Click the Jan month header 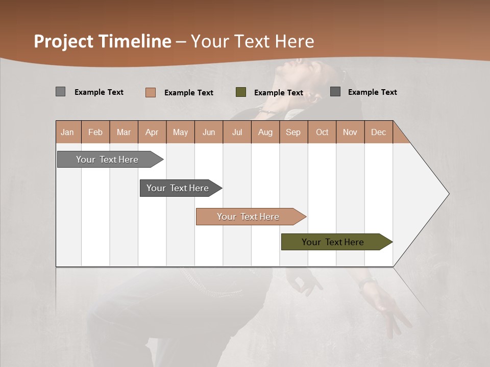point(67,132)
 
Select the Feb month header point(95,132)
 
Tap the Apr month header point(152,132)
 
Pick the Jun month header point(209,132)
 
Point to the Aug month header point(265,132)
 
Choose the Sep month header point(293,132)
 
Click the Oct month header point(322,132)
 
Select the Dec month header point(379,132)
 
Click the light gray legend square point(61,92)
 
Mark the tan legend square point(151,92)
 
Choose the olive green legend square point(241,92)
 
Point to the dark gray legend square point(335,92)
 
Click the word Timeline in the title point(135,41)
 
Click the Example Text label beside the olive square point(279,93)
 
